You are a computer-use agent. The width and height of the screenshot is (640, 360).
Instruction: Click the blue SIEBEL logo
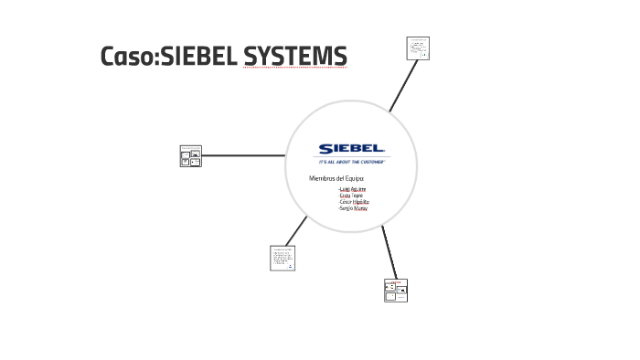tap(352, 148)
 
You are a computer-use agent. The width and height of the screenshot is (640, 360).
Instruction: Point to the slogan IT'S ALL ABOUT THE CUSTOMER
tap(352, 161)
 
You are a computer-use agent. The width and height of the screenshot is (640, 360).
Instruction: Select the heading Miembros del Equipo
tap(336, 177)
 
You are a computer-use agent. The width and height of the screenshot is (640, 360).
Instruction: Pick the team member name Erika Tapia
tap(351, 196)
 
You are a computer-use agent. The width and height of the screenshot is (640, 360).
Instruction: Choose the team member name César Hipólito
tap(353, 202)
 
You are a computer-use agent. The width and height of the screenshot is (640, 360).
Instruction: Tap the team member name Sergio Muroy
tap(352, 208)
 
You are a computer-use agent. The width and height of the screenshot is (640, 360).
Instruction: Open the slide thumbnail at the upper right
tap(418, 48)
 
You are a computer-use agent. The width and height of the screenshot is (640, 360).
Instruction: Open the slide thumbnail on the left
tap(190, 156)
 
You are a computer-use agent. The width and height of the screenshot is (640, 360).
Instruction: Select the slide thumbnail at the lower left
tap(283, 258)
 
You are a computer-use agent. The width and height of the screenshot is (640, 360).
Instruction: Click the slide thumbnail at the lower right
tap(396, 290)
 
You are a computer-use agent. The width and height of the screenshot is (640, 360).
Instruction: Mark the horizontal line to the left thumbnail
tap(247, 155)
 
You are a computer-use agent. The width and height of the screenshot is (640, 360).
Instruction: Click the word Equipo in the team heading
tap(353, 177)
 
